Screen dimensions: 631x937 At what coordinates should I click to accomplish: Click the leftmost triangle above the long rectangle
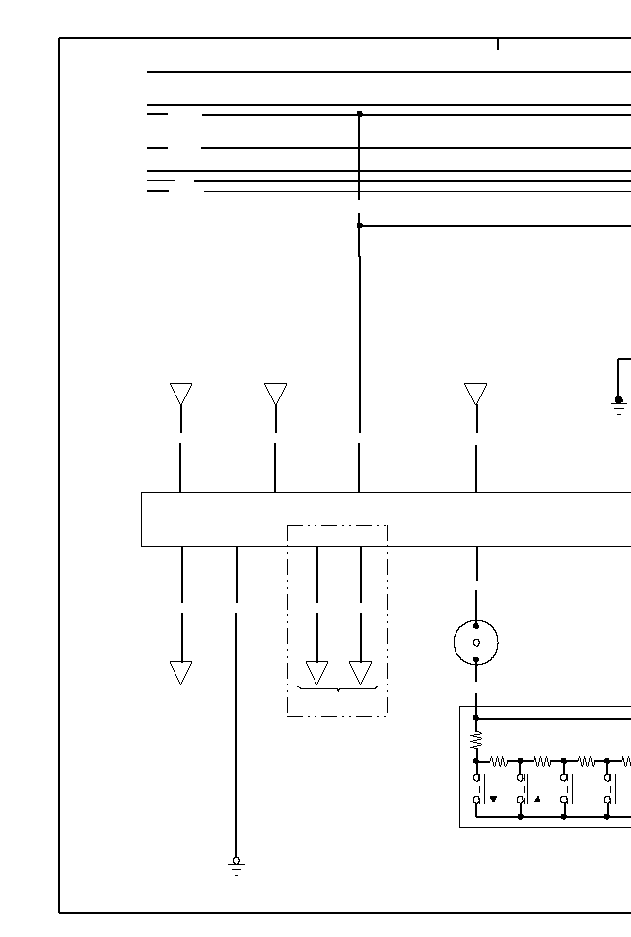[x=180, y=394]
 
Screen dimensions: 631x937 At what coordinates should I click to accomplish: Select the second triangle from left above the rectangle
[x=275, y=394]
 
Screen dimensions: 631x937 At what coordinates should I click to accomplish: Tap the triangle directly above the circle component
[x=475, y=394]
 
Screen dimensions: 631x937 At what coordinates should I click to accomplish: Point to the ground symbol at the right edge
[x=618, y=404]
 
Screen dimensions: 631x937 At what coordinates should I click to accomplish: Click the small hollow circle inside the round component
[x=476, y=643]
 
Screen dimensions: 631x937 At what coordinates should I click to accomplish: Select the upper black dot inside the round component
[x=476, y=626]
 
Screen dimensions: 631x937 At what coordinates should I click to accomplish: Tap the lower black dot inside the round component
[x=476, y=659]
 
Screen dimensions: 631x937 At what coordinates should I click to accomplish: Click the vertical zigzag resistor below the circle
[x=476, y=737]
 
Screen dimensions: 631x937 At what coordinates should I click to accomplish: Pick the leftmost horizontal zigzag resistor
[x=499, y=761]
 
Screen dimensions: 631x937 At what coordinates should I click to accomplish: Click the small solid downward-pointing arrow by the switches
[x=493, y=799]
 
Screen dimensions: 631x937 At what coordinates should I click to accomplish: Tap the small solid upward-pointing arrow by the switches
[x=536, y=799]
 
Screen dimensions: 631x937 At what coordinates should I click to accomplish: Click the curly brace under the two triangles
[x=338, y=688]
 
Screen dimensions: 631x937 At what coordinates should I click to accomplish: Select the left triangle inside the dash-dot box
[x=316, y=672]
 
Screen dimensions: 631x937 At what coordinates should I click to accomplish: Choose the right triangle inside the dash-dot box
[x=360, y=672]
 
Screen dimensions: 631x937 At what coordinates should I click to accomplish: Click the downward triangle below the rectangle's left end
[x=180, y=672]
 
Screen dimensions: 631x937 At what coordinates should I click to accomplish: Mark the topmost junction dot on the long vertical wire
[x=359, y=114]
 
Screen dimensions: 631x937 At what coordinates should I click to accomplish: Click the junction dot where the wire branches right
[x=359, y=226]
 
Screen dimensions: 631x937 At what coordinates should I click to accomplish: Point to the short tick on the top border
[x=498, y=44]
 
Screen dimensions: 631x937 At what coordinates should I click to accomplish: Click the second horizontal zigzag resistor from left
[x=542, y=761]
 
